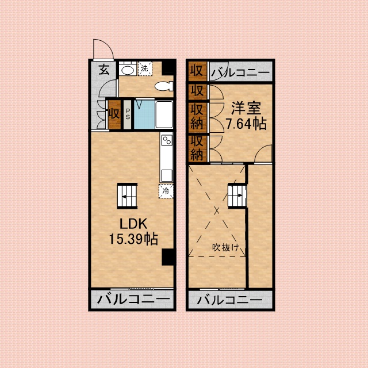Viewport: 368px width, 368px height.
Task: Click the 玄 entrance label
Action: [x=103, y=70]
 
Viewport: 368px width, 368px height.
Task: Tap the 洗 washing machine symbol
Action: [x=144, y=68]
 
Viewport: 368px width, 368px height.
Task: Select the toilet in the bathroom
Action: [x=164, y=86]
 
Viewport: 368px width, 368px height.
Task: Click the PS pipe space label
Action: [x=128, y=113]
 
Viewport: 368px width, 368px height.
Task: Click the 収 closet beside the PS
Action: [x=114, y=113]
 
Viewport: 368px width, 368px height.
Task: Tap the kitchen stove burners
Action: [x=167, y=141]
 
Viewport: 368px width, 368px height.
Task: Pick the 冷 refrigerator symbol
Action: [x=166, y=190]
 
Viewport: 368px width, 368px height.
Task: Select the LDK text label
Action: [x=133, y=224]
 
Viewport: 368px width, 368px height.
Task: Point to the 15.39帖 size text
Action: [x=133, y=239]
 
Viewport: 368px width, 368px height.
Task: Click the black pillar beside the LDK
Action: [x=167, y=257]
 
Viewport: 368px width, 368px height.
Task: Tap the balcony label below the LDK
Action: [x=133, y=300]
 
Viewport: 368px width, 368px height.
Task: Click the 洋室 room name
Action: [x=246, y=108]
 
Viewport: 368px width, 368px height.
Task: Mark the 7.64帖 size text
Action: [x=246, y=123]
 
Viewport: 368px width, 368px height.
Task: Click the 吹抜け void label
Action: [x=225, y=248]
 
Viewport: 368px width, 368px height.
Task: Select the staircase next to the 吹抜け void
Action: [x=236, y=195]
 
